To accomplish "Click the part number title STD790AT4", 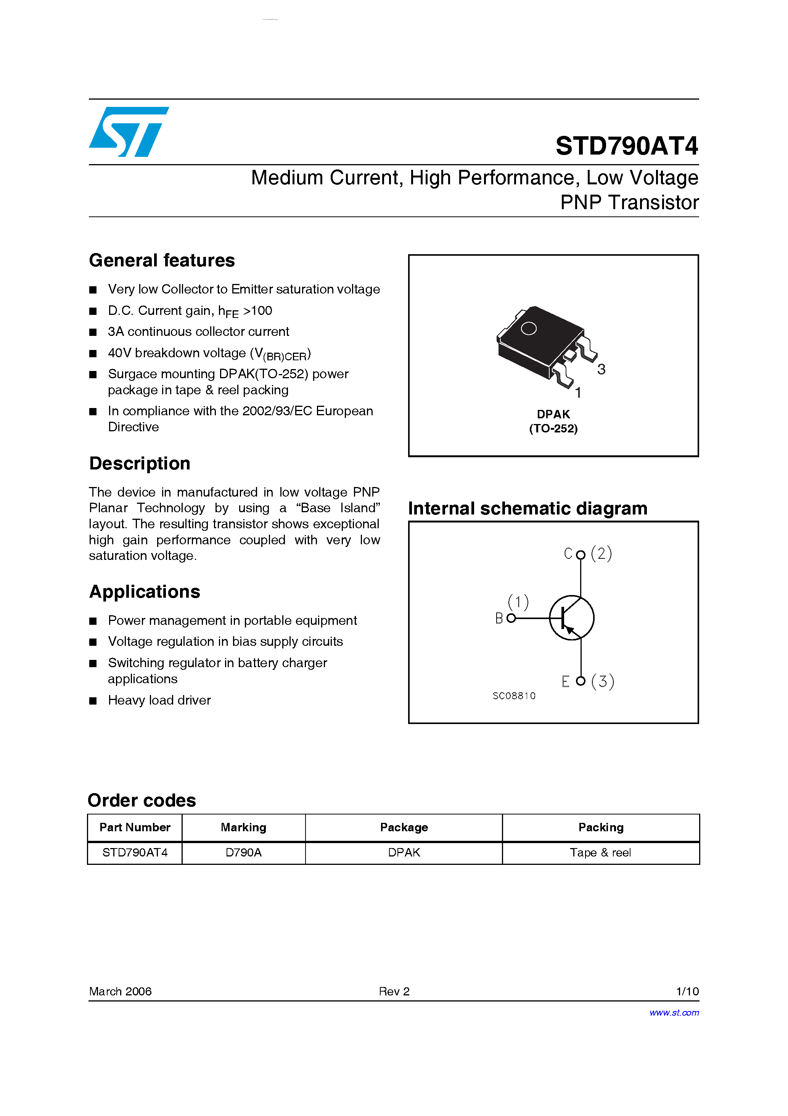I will click(x=626, y=146).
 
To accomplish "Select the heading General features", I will click(x=162, y=261).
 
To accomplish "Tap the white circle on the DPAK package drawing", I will click(x=529, y=329).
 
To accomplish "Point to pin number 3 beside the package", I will click(x=601, y=369).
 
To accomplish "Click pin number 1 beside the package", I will click(x=578, y=393).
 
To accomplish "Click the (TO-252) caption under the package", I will click(x=553, y=429).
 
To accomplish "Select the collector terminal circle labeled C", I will click(x=581, y=555).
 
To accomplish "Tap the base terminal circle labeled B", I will click(x=511, y=618).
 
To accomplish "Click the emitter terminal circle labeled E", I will click(x=581, y=681).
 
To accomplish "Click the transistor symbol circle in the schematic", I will click(x=571, y=618).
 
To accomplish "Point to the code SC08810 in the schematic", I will click(x=514, y=696).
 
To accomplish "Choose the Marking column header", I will click(x=243, y=827).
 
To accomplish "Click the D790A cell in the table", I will click(x=243, y=853).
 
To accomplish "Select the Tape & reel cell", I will click(x=600, y=853).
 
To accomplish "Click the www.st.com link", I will click(x=674, y=1013).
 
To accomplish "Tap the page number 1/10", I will click(x=687, y=991).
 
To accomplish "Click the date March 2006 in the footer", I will click(x=120, y=991).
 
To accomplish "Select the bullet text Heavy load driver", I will click(x=159, y=700).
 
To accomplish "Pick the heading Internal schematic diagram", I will click(x=527, y=508).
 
